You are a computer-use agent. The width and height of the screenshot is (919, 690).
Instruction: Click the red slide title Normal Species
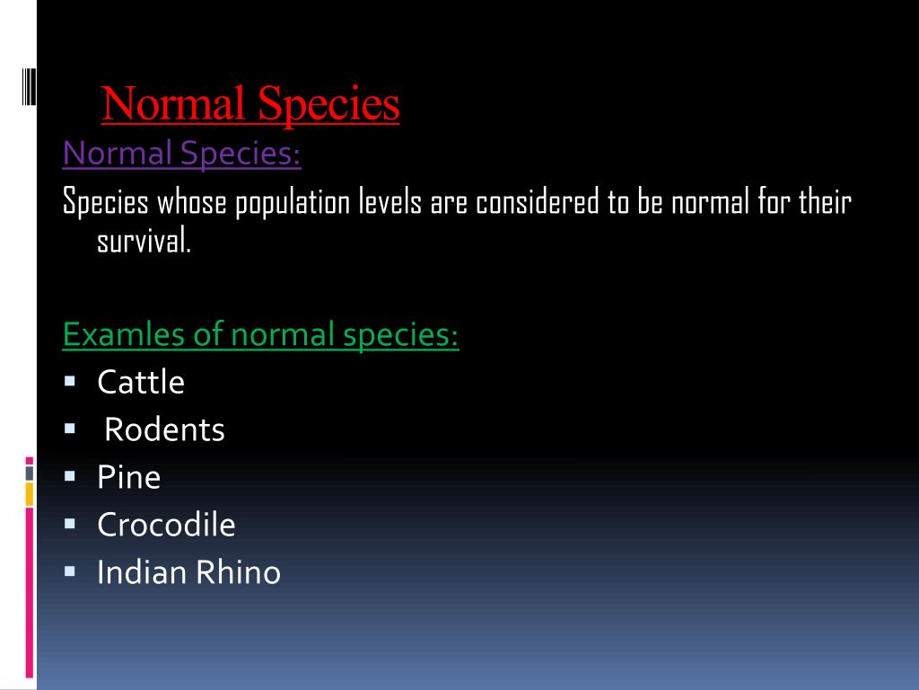click(x=250, y=104)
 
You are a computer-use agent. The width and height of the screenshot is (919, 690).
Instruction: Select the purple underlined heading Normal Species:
click(x=181, y=154)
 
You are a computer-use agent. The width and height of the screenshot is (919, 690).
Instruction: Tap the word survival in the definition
click(x=144, y=240)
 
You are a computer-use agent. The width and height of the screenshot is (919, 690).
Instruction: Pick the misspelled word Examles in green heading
click(x=114, y=336)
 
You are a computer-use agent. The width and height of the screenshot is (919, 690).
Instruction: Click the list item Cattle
click(x=141, y=383)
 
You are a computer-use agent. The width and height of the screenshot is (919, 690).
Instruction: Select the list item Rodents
click(x=164, y=430)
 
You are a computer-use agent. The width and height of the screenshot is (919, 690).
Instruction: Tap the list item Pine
click(x=129, y=477)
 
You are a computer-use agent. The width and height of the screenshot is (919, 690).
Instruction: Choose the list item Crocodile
click(x=166, y=525)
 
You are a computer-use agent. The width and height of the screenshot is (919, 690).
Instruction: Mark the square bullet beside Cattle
click(x=70, y=381)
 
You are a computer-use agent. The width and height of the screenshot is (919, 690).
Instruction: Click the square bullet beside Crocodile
click(x=70, y=522)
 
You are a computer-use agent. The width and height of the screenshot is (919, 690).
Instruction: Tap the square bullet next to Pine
click(x=70, y=475)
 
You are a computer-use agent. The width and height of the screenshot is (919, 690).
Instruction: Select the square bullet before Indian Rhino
click(x=70, y=570)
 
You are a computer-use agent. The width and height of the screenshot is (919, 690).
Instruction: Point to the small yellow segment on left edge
click(x=30, y=492)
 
